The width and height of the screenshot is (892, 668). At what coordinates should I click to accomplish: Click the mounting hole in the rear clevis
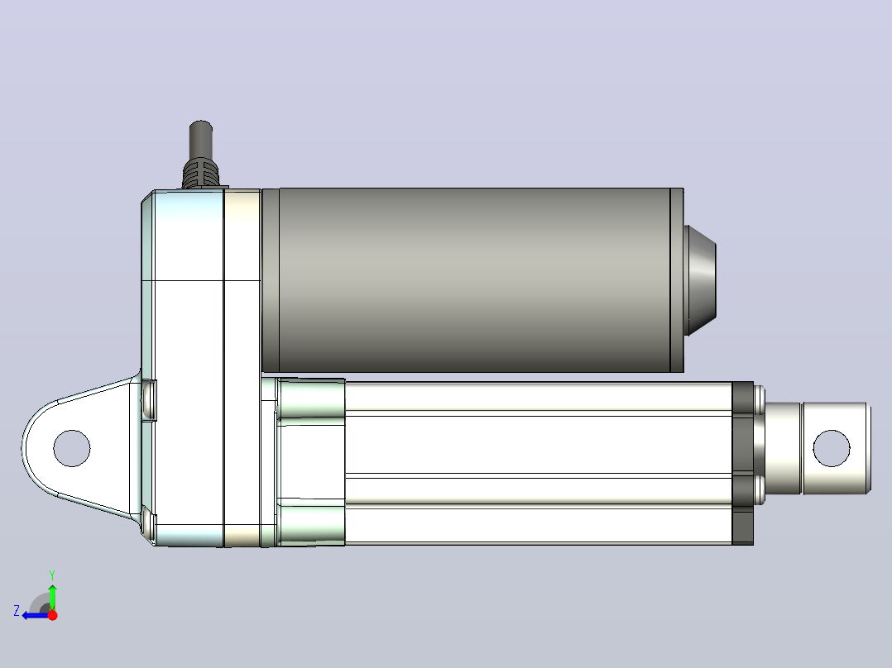pos(72,449)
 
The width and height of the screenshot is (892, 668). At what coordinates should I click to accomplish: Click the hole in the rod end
pos(832,449)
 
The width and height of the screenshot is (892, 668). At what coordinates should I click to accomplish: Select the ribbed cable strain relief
pos(201,173)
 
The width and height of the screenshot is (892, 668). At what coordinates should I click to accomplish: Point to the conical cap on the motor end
pos(700,280)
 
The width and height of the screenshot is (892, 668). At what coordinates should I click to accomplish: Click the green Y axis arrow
pos(52,598)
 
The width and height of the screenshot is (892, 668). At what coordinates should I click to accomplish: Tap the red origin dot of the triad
pos(52,615)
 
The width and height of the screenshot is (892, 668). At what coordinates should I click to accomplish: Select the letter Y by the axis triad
pos(52,575)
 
